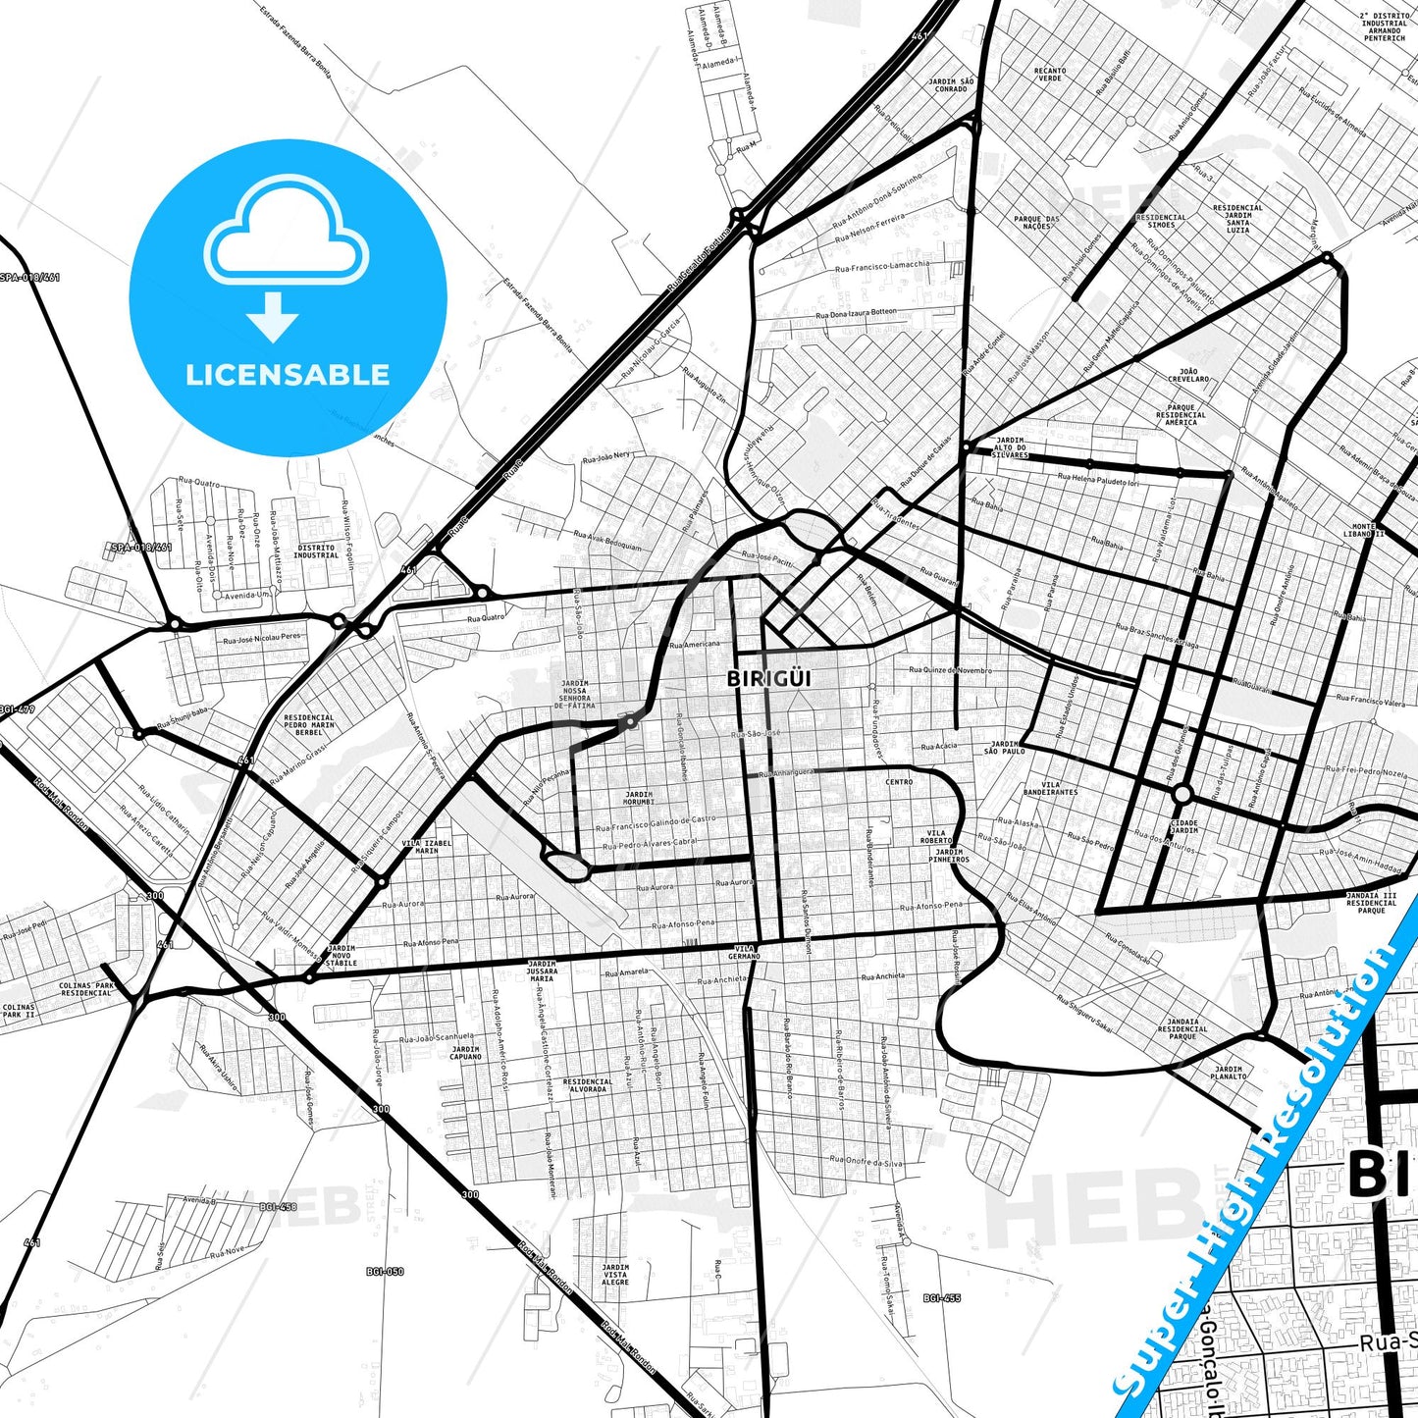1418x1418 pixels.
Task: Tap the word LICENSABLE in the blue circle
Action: pyautogui.click(x=288, y=374)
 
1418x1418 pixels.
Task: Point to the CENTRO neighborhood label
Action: pyautogui.click(x=899, y=782)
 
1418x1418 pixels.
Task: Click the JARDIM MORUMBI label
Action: pyautogui.click(x=639, y=799)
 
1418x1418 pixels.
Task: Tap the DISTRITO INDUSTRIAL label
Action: pyautogui.click(x=316, y=551)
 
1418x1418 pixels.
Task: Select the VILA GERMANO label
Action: pyautogui.click(x=745, y=952)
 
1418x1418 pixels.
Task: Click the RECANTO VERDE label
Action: pyautogui.click(x=1049, y=75)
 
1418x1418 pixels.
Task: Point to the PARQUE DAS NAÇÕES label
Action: pyautogui.click(x=1036, y=223)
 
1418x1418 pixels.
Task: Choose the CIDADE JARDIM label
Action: pyautogui.click(x=1184, y=826)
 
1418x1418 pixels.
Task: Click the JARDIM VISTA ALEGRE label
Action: pyautogui.click(x=615, y=1275)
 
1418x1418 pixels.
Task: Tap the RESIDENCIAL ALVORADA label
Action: pyautogui.click(x=588, y=1084)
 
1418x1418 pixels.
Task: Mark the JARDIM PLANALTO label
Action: pyautogui.click(x=1229, y=1073)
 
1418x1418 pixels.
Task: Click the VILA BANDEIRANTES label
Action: pyautogui.click(x=1050, y=788)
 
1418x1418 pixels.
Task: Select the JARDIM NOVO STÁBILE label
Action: pyautogui.click(x=341, y=956)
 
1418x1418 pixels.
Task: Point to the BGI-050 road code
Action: pyautogui.click(x=385, y=1272)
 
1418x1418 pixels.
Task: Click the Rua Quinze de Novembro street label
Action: pyautogui.click(x=950, y=670)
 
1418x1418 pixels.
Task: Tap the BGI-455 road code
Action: pyautogui.click(x=942, y=1298)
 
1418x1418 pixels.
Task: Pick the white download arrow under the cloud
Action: pyautogui.click(x=273, y=317)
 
